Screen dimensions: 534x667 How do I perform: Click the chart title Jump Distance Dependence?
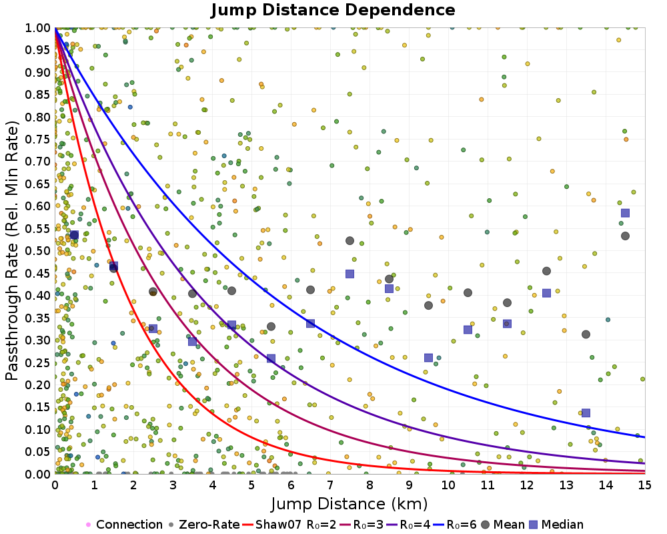(x=333, y=11)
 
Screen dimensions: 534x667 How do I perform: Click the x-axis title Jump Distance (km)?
(x=350, y=503)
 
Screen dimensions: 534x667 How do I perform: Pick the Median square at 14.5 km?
(x=625, y=213)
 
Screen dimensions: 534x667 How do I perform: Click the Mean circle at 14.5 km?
(x=625, y=236)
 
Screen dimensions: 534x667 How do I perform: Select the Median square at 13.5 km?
(x=586, y=413)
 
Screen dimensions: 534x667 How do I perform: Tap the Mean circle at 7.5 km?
(x=350, y=240)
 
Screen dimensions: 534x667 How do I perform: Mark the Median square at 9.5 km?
(x=428, y=358)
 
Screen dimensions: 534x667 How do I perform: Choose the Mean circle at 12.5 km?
(x=546, y=271)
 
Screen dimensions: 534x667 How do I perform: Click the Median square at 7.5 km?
(x=350, y=274)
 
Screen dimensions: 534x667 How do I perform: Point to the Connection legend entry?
(x=124, y=525)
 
